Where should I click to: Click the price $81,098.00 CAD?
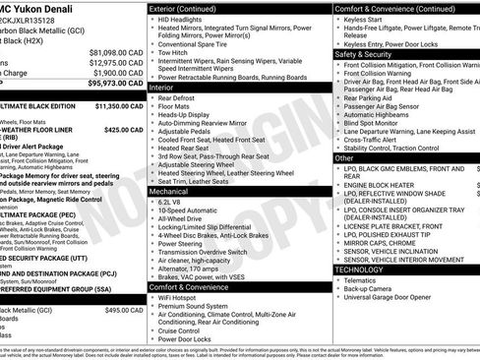(116, 51)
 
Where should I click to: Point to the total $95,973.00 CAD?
(116, 83)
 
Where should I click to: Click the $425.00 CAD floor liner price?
(124, 128)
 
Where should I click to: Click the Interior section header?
(163, 88)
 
